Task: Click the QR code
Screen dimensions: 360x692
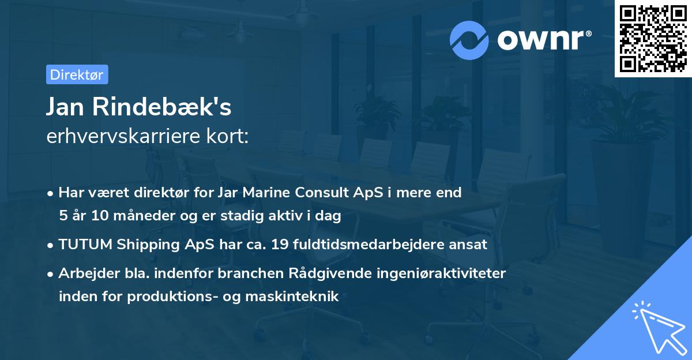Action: click(x=653, y=39)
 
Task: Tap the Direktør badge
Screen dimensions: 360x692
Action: click(x=77, y=74)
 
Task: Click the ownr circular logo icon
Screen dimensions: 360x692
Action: click(x=470, y=39)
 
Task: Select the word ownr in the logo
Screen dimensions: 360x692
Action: click(x=544, y=39)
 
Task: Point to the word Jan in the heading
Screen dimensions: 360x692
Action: click(x=63, y=107)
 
